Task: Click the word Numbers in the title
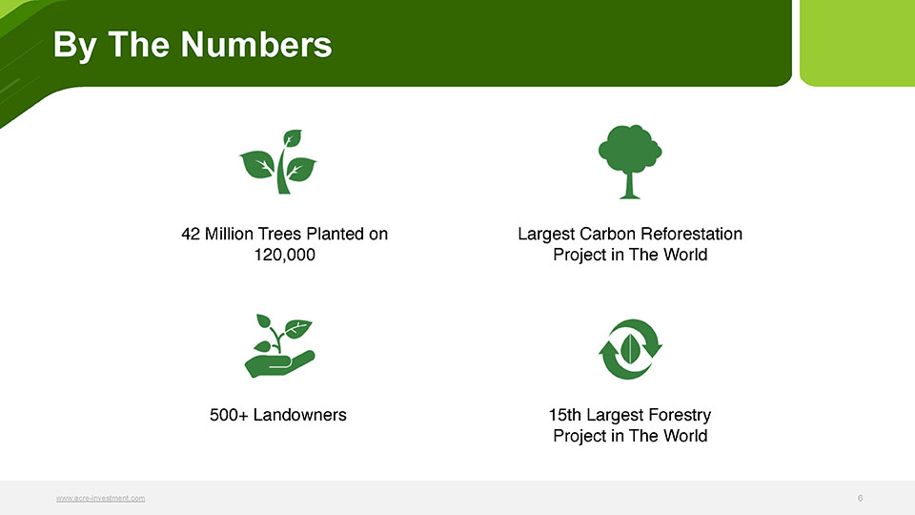coord(256,45)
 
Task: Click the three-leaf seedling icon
coord(278,162)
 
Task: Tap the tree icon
coord(630,162)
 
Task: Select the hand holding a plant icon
coord(279,345)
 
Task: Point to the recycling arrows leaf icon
coord(630,349)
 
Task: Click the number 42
coord(191,235)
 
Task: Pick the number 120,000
coord(285,255)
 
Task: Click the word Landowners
coord(300,415)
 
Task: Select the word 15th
coord(565,415)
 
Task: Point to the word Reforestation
coord(690,235)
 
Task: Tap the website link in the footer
coord(100,498)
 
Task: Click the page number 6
coord(860,498)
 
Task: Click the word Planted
coord(335,235)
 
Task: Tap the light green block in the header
coord(857,43)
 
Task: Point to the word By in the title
coord(75,46)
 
